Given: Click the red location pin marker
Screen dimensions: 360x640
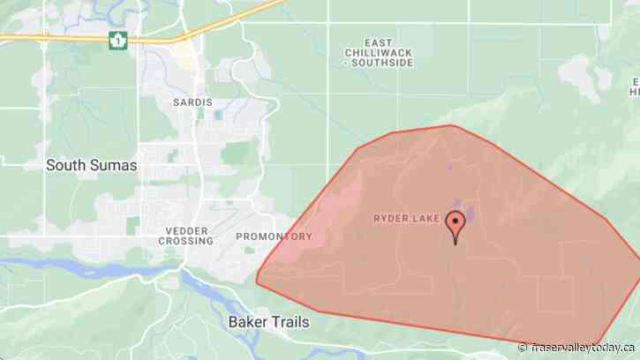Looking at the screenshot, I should pyautogui.click(x=456, y=224).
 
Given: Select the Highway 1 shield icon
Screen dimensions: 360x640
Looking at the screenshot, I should pyautogui.click(x=117, y=40).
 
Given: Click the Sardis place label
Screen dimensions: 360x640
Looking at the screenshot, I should pyautogui.click(x=193, y=102).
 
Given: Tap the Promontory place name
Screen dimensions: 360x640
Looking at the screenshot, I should pyautogui.click(x=274, y=236).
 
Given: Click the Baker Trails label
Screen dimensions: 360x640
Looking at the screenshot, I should pyautogui.click(x=268, y=322).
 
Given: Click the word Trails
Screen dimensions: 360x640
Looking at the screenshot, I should pyautogui.click(x=290, y=322).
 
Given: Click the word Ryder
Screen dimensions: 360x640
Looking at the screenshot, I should pyautogui.click(x=392, y=216).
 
